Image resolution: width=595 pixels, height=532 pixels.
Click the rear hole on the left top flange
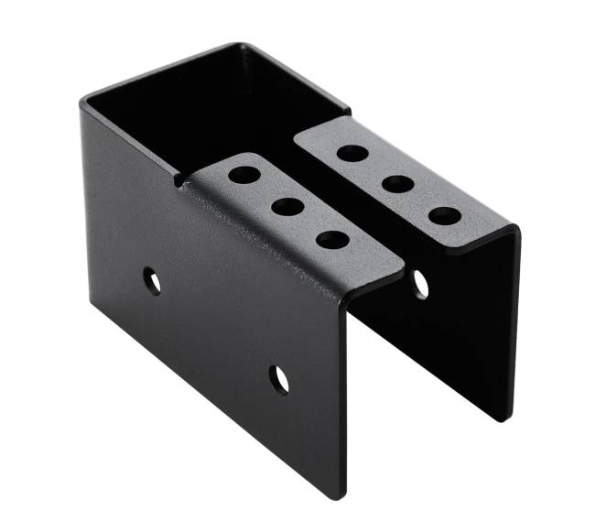[244, 172]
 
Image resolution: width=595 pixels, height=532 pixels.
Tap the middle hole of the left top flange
[287, 206]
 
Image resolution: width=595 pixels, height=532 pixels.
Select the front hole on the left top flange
[331, 241]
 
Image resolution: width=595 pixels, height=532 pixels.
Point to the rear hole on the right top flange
[352, 152]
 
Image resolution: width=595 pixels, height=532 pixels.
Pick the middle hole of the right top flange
[397, 183]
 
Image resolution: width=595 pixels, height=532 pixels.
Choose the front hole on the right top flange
[445, 216]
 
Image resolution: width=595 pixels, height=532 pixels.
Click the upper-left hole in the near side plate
[152, 279]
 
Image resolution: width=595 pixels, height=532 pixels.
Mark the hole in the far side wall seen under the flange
[420, 285]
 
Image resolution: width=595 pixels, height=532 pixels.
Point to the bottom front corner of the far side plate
[505, 419]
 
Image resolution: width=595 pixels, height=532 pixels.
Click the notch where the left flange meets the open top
[178, 180]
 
